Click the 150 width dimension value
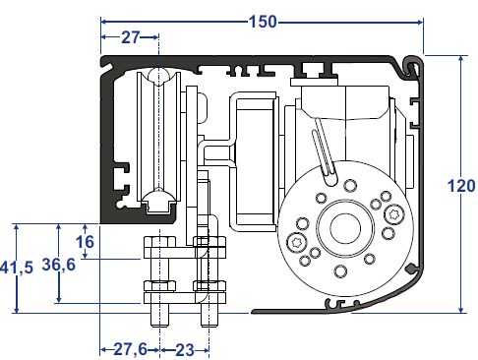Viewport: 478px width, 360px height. coord(263,22)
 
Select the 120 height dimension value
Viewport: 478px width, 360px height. coord(461,186)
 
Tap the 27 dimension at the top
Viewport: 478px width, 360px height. coord(131,37)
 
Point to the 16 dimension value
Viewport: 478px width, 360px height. coord(85,242)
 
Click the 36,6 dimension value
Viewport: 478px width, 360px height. coord(59,265)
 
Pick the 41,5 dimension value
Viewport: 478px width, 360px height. coord(17,268)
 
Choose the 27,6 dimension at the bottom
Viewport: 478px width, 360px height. coord(130,349)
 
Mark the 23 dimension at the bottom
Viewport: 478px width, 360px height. coord(185,350)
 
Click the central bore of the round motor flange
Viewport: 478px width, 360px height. coord(345,228)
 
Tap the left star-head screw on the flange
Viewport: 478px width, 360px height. coord(298,243)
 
